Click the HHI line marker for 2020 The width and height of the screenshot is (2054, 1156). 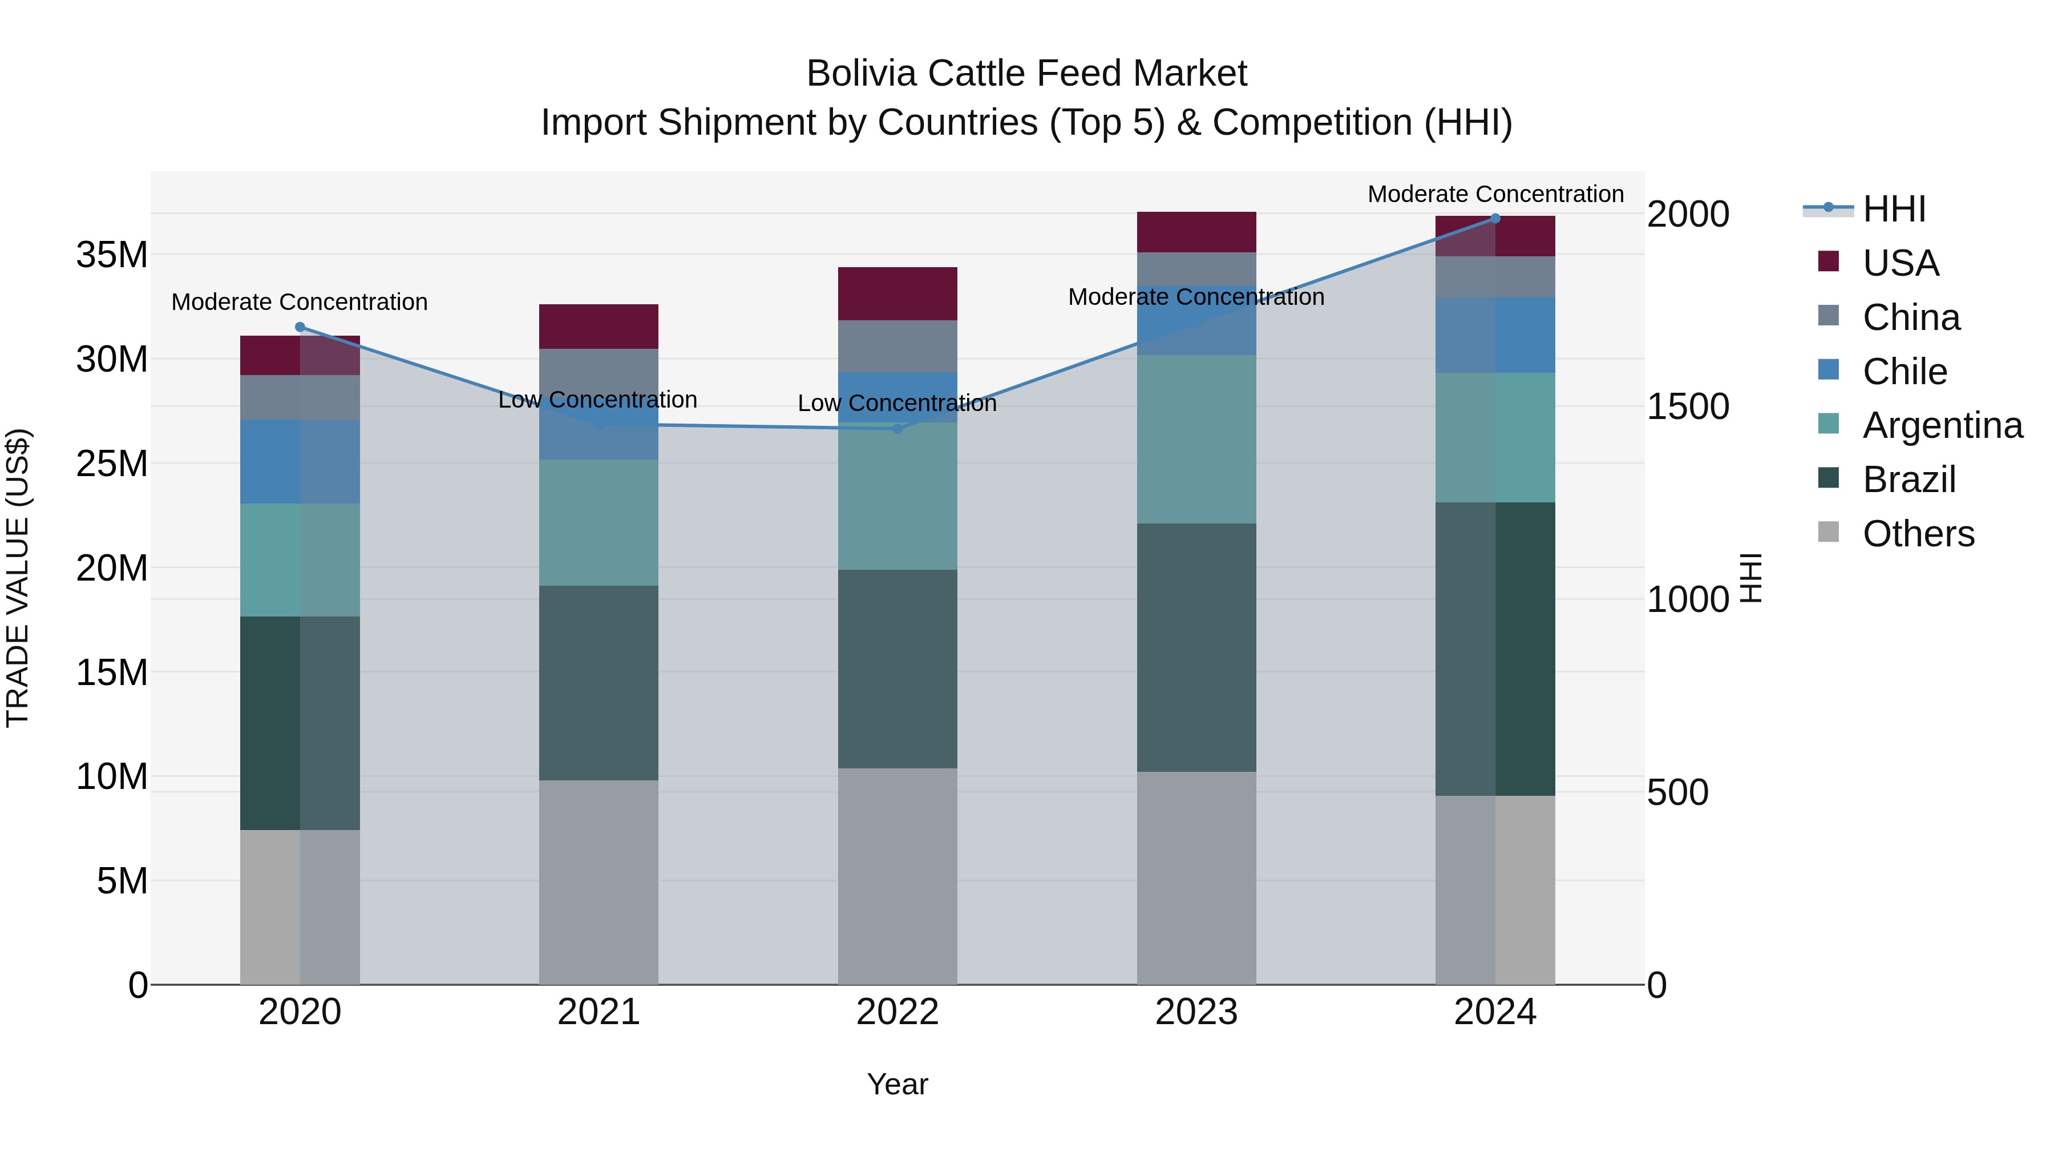click(x=300, y=327)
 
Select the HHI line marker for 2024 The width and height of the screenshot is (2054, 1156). click(x=1495, y=219)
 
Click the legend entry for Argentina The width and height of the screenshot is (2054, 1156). click(x=1942, y=425)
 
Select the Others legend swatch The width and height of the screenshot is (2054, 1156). click(x=1829, y=532)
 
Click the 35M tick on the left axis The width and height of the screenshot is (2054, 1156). click(x=112, y=255)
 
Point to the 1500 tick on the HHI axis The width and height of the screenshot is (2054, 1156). click(x=1688, y=407)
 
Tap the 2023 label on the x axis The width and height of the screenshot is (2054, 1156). click(x=1196, y=1012)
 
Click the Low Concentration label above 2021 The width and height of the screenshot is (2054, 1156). click(x=597, y=400)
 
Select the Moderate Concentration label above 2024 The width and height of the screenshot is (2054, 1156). click(x=1495, y=195)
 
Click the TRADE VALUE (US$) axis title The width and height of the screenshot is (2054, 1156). click(x=18, y=578)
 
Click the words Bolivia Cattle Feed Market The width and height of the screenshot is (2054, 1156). click(x=1026, y=74)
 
